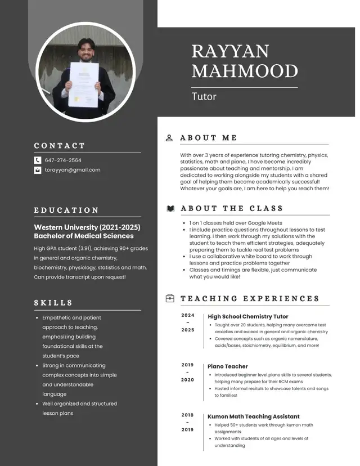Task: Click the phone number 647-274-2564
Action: pos(63,160)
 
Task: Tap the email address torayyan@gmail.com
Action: pos(73,170)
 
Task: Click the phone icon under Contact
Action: pos(38,160)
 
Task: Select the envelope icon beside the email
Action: pos(38,170)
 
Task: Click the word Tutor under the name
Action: pos(204,96)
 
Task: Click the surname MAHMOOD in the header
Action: pos(244,71)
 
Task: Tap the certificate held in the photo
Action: pos(83,84)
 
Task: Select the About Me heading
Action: pos(209,138)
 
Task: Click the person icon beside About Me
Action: pos(169,138)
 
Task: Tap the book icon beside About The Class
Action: pos(170,209)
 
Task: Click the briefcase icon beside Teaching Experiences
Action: pos(170,298)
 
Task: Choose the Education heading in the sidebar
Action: pos(66,210)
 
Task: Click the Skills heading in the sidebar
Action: pos(53,303)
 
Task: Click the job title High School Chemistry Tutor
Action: pos(248,317)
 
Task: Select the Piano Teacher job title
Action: pos(228,366)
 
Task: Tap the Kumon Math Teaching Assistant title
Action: pos(254,417)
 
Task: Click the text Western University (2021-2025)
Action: pos(87,227)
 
